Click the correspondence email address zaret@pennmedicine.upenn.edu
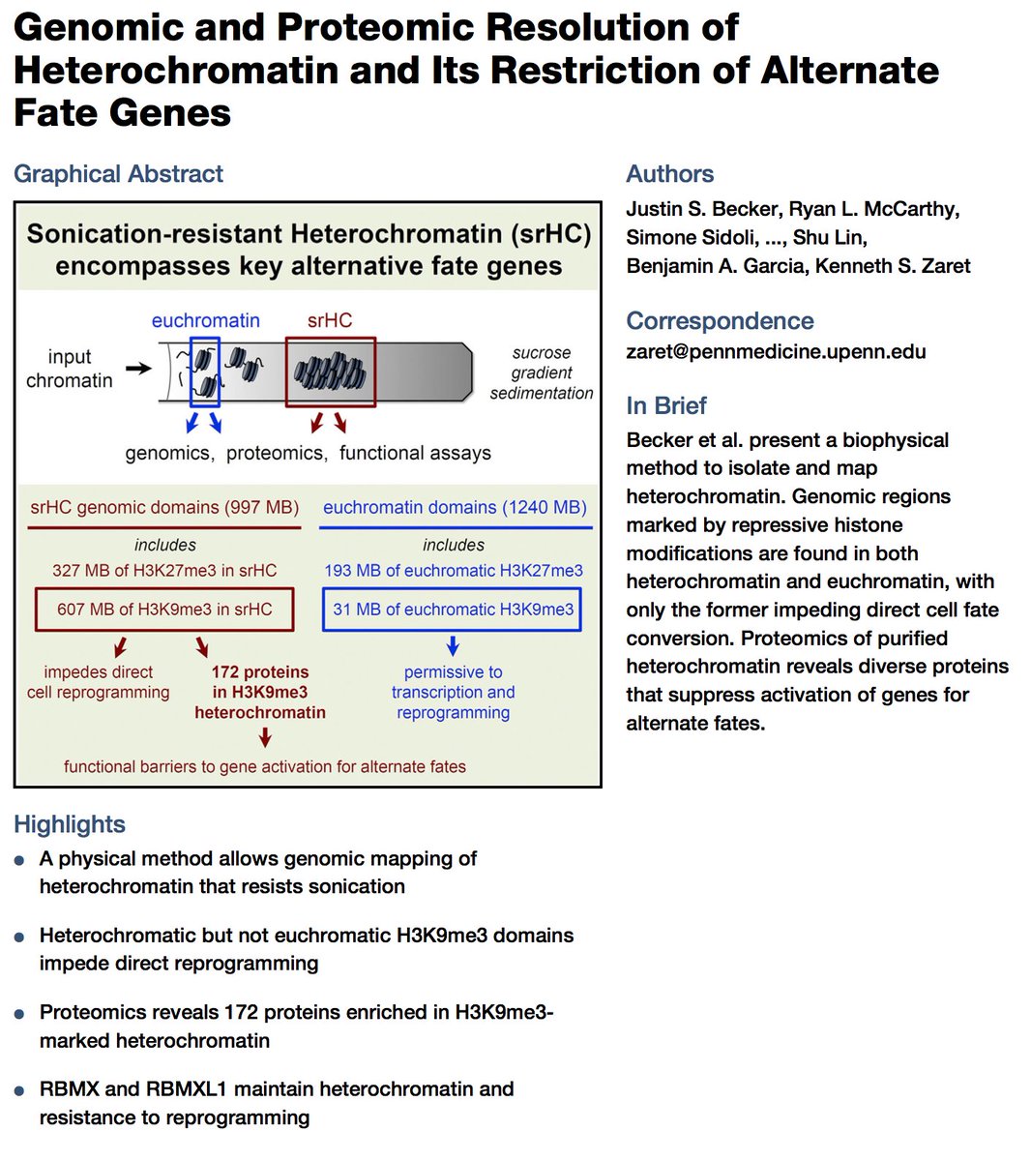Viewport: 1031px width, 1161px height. click(776, 351)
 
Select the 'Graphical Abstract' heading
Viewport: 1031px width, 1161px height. click(118, 174)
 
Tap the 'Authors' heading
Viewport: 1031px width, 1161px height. click(669, 174)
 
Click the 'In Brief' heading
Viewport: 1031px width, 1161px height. click(666, 405)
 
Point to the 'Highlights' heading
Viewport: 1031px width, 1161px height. click(70, 824)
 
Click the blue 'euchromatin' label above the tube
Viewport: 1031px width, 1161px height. click(205, 320)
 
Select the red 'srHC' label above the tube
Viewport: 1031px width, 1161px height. click(330, 320)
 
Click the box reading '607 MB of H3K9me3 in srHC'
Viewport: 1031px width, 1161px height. click(164, 610)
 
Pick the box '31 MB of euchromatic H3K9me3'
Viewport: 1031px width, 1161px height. click(453, 610)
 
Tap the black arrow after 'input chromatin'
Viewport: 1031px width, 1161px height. click(139, 368)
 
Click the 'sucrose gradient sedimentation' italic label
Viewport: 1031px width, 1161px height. click(542, 372)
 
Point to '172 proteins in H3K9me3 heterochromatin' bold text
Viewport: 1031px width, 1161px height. click(260, 692)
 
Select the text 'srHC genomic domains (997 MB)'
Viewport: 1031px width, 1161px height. click(164, 507)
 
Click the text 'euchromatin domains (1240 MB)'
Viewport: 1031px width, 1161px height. click(455, 507)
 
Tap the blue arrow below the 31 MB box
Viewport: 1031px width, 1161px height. click(453, 646)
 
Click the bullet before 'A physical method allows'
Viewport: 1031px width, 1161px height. click(19, 860)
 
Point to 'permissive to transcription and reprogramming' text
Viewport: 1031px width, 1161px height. click(453, 692)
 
